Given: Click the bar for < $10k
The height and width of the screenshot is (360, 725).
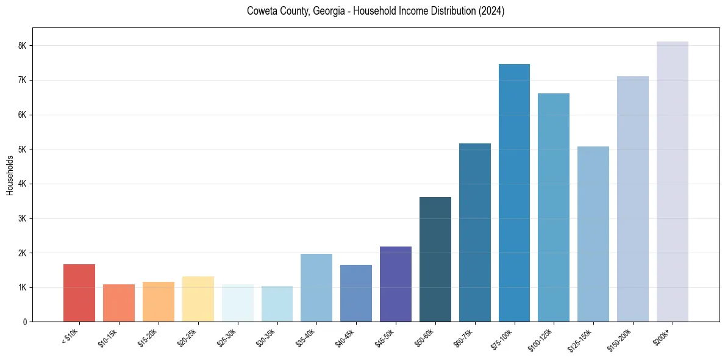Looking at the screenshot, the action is (79, 293).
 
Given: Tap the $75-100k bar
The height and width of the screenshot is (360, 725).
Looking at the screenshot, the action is (514, 193).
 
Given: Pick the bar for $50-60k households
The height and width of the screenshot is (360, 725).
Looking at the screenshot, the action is (435, 259).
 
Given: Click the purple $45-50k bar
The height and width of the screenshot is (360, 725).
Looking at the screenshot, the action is (396, 284).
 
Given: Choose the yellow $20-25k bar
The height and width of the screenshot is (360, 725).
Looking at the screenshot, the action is (198, 299).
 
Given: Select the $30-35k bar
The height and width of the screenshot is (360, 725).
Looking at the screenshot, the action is (277, 304).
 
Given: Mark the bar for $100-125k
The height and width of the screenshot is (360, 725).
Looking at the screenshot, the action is (554, 207).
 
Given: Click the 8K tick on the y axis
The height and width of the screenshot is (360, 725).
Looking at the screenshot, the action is (23, 46).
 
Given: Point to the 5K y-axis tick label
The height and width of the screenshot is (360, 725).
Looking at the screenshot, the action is (23, 149).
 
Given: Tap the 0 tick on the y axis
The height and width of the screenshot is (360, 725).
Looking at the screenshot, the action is (25, 322).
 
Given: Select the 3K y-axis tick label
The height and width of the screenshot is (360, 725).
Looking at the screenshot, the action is (23, 218).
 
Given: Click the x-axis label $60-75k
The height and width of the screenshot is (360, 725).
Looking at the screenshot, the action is (468, 336).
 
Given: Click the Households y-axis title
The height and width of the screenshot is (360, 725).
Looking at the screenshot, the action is (10, 175).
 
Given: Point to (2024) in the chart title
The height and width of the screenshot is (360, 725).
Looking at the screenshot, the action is (491, 11).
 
